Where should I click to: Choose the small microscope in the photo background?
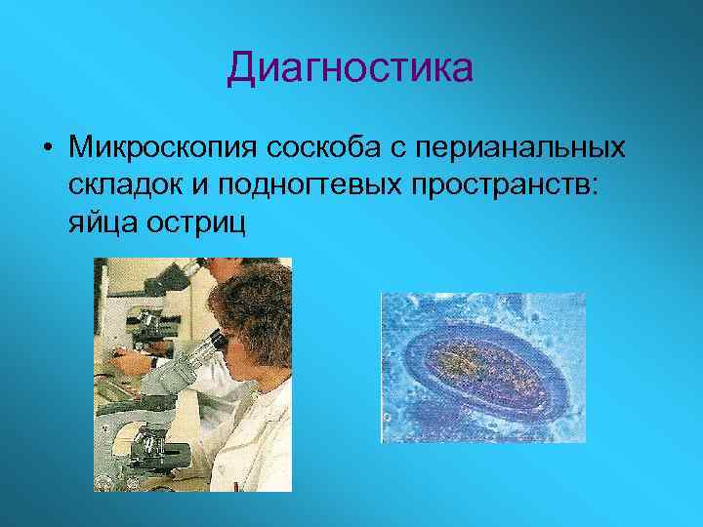(146, 322)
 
